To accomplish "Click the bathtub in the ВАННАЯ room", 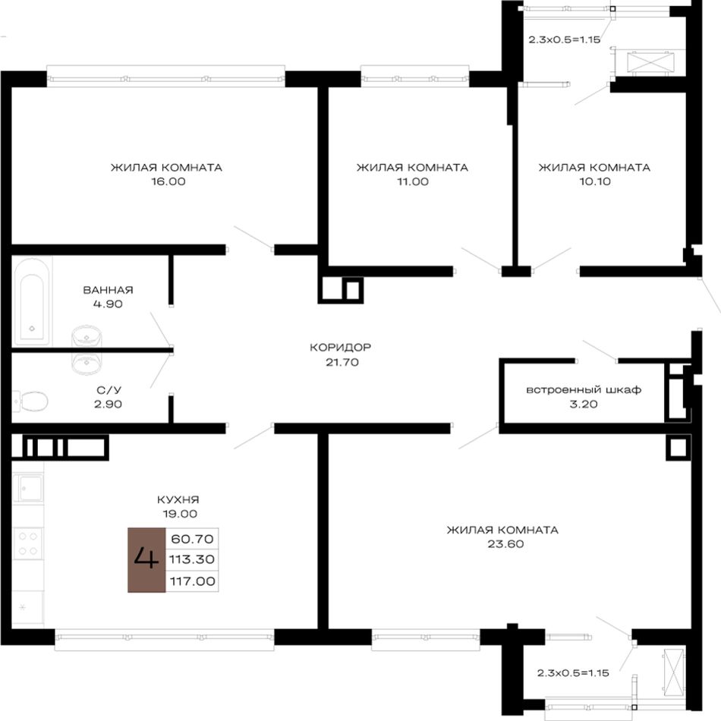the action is (32, 301).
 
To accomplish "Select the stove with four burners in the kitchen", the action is (27, 543).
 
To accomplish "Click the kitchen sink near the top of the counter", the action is (30, 488).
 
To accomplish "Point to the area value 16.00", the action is (168, 181).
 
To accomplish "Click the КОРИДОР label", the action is (340, 347).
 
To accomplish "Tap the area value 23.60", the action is (505, 544).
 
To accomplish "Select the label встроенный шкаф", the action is (584, 390).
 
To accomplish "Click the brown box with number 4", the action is (146, 559).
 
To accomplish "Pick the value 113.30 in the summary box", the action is (192, 559).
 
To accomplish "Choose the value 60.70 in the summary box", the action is (192, 538).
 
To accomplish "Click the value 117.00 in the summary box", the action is (192, 581).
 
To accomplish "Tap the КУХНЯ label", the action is (178, 499).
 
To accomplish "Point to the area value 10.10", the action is (595, 181).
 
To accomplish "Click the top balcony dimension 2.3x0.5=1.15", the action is (564, 39).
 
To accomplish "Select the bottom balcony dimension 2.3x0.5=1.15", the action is (573, 672).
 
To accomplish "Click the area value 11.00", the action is (413, 181).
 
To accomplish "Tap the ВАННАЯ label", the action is (108, 290).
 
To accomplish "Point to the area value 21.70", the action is (342, 362).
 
